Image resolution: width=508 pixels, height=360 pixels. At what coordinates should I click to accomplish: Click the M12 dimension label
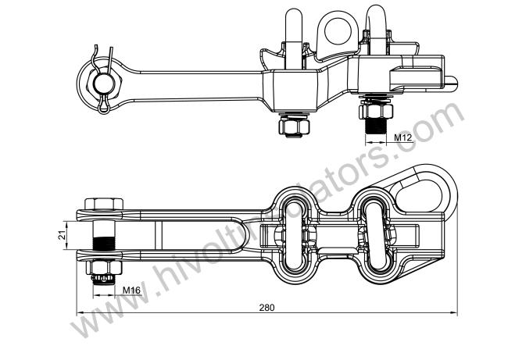[x=402, y=137]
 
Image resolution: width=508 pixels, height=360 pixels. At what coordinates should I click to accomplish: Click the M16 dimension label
[x=131, y=291]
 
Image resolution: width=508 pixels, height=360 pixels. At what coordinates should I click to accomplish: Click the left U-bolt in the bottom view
[x=293, y=233]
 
